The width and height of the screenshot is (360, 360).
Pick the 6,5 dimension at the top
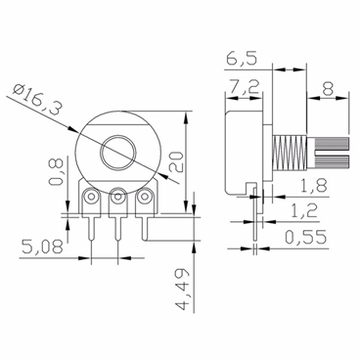coord(239,58)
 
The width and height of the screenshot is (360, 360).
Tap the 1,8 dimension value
coord(314,186)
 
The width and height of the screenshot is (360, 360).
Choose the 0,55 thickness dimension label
coord(306,238)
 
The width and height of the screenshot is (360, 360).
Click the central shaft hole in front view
coord(119,152)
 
